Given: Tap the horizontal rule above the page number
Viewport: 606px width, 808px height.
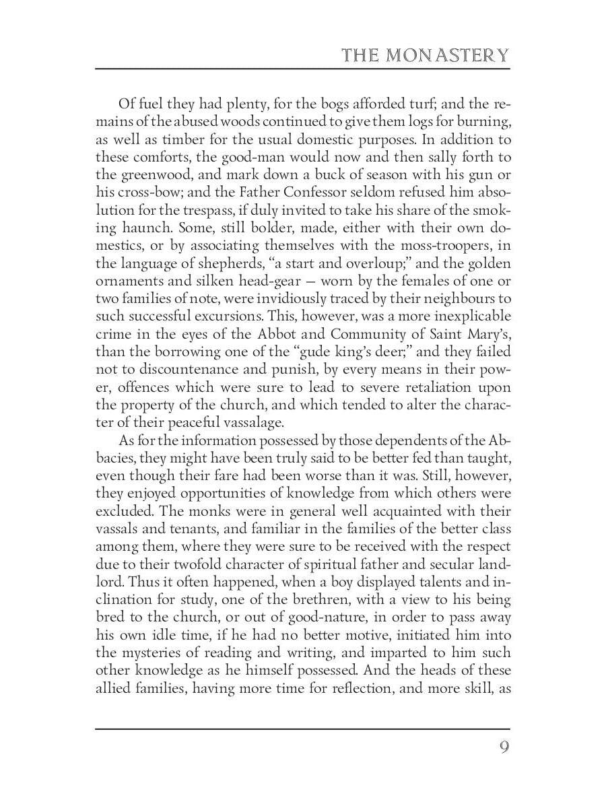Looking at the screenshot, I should coord(302,729).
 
